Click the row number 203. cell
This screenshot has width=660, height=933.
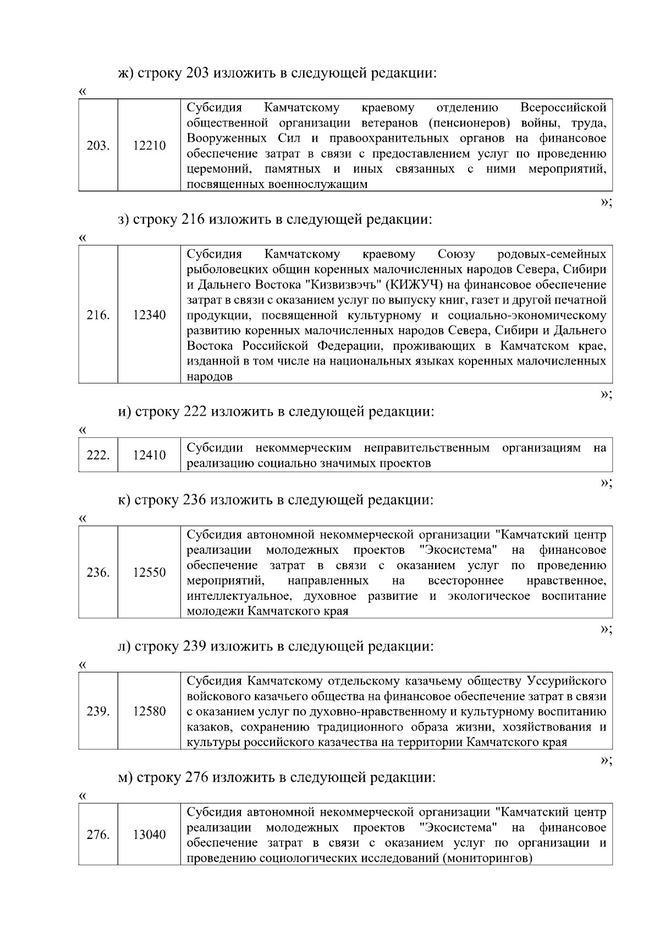[x=98, y=146]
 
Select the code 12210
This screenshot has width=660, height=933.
[x=149, y=146]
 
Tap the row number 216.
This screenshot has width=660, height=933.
[x=98, y=315]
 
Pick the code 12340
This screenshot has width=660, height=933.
[x=149, y=315]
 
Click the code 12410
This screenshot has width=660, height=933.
[x=149, y=455]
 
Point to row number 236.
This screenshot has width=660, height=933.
[x=98, y=572]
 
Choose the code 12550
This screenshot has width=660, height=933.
[x=149, y=572]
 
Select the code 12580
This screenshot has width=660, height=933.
[x=149, y=711]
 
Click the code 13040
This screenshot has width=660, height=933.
[x=149, y=835]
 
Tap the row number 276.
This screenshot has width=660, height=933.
[x=98, y=835]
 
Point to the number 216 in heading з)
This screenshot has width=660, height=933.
[x=193, y=219]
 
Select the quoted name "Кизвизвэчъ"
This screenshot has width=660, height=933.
[x=344, y=285]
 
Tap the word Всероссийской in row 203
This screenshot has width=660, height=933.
[x=563, y=107]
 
